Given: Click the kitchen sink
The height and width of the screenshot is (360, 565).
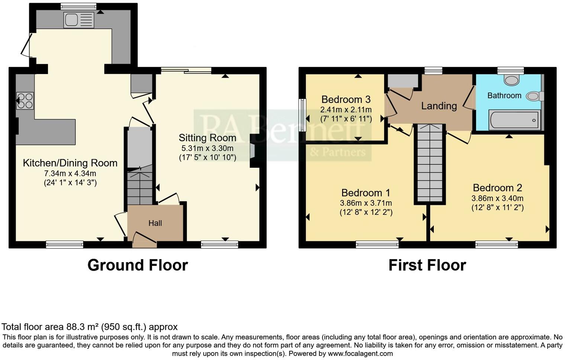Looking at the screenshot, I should tap(79, 20).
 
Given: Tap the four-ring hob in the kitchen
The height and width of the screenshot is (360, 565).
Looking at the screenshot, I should tap(25, 100).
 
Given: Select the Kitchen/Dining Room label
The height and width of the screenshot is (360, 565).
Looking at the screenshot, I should tap(70, 163).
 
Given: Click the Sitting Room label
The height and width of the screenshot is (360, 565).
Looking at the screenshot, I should tap(207, 138).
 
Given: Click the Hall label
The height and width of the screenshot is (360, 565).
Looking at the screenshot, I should tap(155, 223).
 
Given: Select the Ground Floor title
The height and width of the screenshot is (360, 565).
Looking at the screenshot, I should tap(138, 265).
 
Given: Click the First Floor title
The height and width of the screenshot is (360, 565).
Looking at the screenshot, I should tap(427, 265).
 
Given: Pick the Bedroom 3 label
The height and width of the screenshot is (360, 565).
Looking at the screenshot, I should tap(346, 99).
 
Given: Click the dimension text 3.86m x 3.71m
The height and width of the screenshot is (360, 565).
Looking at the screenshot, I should tap(366, 203).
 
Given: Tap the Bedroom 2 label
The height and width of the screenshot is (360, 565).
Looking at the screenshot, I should tap(497, 188).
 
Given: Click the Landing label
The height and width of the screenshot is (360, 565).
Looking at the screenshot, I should tap(439, 106).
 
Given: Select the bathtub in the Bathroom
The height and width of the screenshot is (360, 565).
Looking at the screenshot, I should tap(514, 120).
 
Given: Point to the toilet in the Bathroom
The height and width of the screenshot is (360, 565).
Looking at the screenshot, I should tap(535, 96).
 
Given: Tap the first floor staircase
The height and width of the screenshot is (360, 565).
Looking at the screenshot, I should tap(430, 164).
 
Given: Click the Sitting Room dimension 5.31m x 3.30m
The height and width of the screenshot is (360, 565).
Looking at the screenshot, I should tap(207, 148).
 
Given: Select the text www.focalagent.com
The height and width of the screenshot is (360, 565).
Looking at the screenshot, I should tap(360, 353).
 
